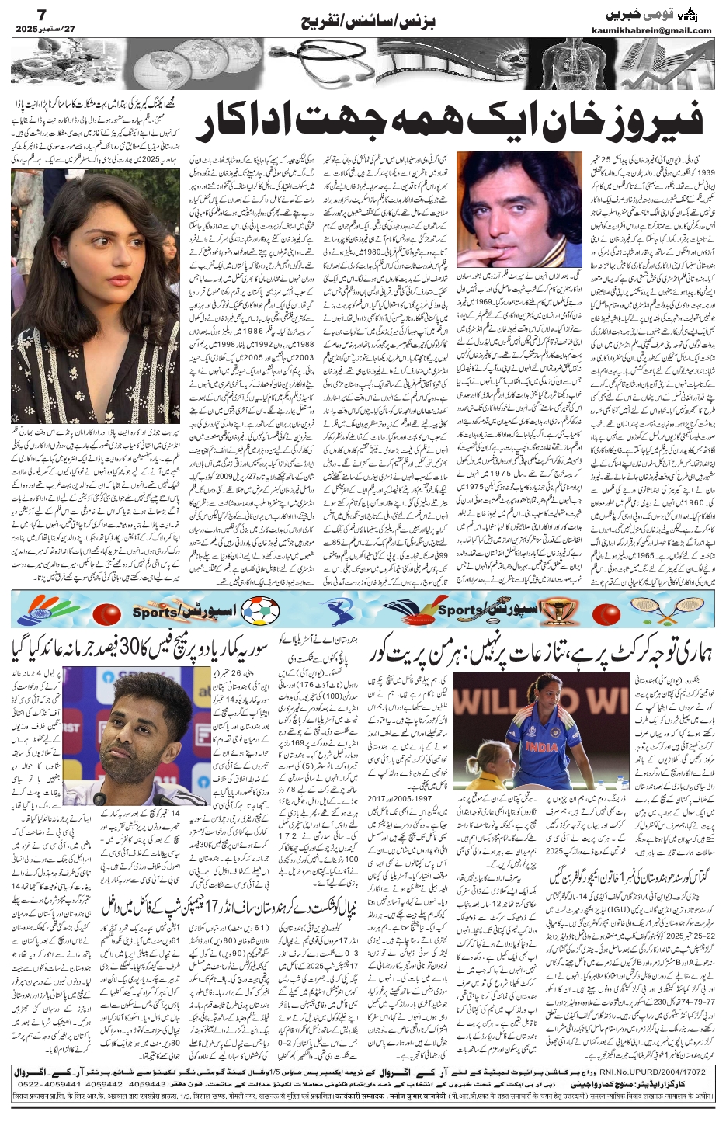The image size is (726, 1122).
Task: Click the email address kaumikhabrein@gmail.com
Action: pyautogui.click(x=659, y=30)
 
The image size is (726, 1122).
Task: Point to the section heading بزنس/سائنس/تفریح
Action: pyautogui.click(x=380, y=19)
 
